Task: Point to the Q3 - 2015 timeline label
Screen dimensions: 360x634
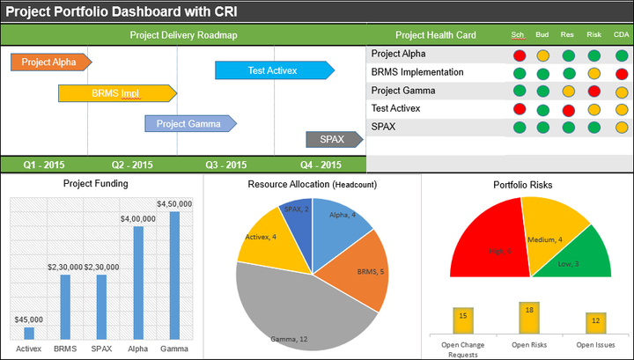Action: (225, 165)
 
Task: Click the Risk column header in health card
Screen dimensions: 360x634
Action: (593, 35)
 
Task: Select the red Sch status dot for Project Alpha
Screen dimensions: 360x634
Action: (520, 55)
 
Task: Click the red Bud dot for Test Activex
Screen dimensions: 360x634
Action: (544, 110)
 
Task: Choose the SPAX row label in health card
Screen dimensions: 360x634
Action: (383, 127)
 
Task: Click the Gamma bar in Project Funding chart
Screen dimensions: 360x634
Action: (174, 275)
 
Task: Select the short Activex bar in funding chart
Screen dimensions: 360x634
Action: (29, 333)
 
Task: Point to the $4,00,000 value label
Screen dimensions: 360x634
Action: (137, 218)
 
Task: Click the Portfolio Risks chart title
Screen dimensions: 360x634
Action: (529, 184)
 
